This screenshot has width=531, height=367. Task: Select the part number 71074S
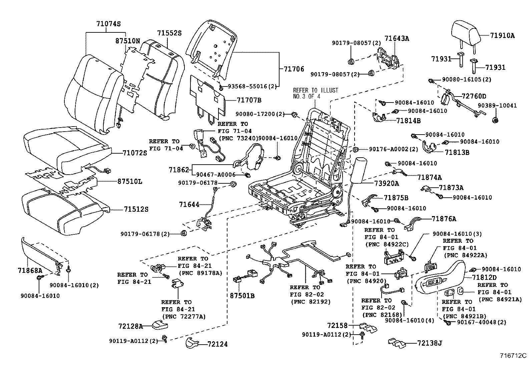click(x=108, y=24)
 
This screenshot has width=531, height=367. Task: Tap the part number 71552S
click(x=169, y=33)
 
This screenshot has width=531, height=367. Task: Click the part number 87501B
click(x=242, y=296)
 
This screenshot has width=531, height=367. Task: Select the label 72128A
click(x=130, y=326)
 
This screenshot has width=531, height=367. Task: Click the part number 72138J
click(x=430, y=343)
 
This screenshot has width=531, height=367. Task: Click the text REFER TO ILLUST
click(x=315, y=90)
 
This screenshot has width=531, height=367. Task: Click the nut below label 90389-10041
click(x=495, y=120)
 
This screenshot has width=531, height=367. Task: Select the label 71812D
click(x=484, y=277)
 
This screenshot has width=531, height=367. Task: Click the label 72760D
click(x=474, y=96)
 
